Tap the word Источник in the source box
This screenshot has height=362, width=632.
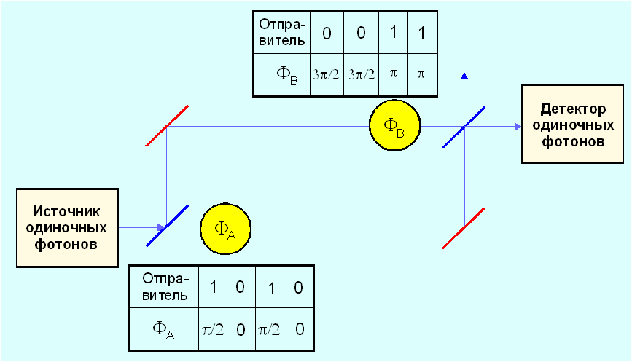67,211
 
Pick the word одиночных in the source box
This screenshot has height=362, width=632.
67,227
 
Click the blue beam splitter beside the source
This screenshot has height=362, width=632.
167,227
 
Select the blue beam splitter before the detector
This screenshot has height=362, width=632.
464,127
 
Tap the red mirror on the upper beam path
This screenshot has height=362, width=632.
167,126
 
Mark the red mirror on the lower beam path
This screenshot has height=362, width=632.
464,227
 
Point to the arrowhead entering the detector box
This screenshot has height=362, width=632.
518,127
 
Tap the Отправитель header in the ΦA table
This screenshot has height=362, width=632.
164,287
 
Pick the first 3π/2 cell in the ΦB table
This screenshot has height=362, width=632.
325,74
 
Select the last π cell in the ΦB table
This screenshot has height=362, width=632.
421,74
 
